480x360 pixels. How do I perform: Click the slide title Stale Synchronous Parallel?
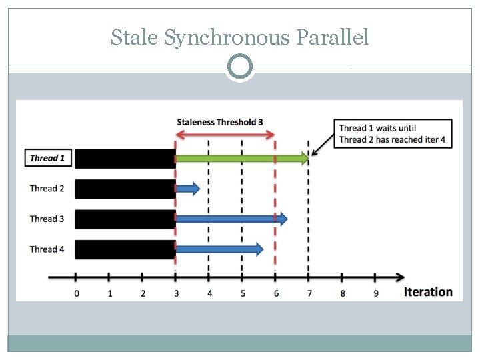pos(239,37)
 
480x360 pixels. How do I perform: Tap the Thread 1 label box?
pos(47,158)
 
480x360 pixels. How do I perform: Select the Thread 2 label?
pos(47,189)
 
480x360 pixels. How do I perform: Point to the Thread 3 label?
pos(47,219)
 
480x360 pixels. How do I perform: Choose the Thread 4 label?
pos(47,249)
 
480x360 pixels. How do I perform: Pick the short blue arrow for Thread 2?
pos(187,189)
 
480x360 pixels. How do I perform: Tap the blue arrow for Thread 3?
pos(231,218)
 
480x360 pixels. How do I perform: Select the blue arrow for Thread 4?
pos(219,249)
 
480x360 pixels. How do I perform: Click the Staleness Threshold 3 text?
pos(220,122)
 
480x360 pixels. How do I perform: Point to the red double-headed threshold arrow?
pos(225,135)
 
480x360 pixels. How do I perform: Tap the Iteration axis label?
pos(428,292)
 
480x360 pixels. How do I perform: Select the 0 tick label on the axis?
pos(76,293)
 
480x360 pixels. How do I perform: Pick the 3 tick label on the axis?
pos(176,293)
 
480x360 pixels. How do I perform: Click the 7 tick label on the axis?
pos(309,293)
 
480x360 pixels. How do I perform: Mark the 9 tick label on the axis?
pos(375,293)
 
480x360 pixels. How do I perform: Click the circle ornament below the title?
pos(240,67)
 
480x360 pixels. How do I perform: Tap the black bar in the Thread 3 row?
pos(125,219)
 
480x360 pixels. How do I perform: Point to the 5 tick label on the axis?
pos(243,293)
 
